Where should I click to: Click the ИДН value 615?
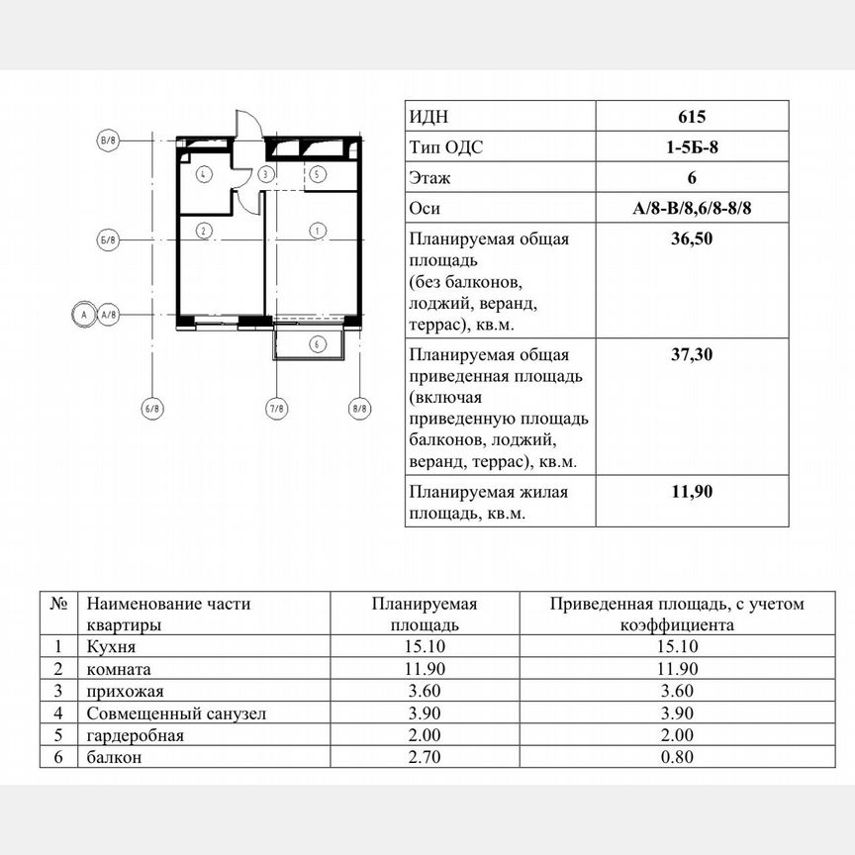point(692,117)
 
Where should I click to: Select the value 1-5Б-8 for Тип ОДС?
point(692,147)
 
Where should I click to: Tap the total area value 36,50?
point(692,239)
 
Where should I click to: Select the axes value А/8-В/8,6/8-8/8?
point(692,209)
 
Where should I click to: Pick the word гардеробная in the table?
point(135,736)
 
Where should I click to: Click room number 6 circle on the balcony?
point(317,344)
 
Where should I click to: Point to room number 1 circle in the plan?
point(317,231)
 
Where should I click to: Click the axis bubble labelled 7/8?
point(277,408)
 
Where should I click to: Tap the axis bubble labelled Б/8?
point(108,240)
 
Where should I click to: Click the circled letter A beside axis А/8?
point(83,314)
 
